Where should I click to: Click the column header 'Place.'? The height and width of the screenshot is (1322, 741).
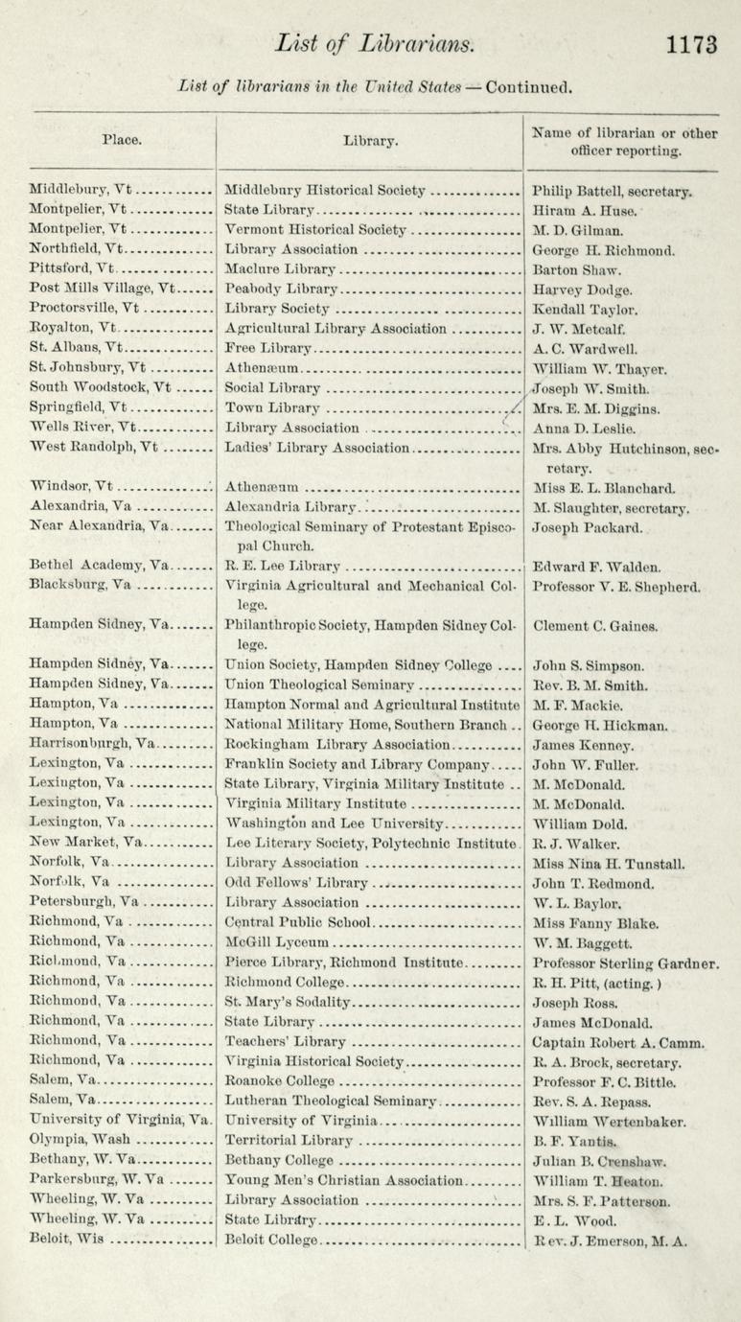tap(122, 140)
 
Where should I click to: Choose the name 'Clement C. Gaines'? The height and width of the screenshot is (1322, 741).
tap(595, 626)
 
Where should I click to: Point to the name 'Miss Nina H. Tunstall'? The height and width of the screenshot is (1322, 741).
tap(608, 863)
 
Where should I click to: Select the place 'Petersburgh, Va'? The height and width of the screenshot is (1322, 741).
tap(87, 902)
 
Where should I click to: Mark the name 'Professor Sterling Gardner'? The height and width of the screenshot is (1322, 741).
tap(625, 962)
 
